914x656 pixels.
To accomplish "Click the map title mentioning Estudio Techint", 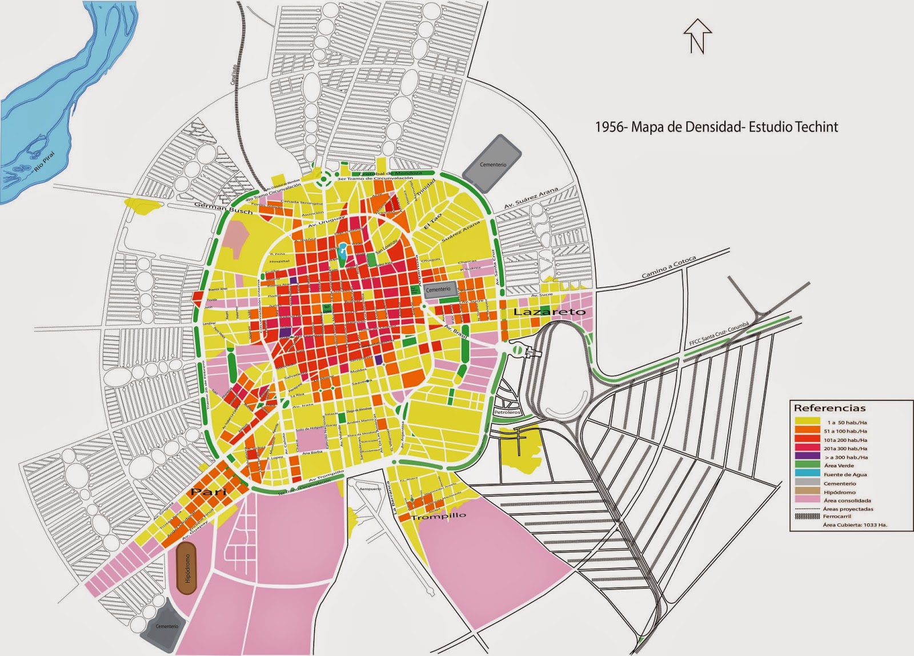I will pos(716,127).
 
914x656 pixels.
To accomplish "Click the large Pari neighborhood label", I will pos(209,491).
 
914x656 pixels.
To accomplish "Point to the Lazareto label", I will pos(550,312).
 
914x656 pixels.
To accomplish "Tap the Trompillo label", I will pos(439,516).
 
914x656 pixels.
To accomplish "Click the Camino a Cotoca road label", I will pos(668,267).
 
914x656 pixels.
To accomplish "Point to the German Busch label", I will pos(223,207).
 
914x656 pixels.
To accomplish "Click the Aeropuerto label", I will pos(370,489).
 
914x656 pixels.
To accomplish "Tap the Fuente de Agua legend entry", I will pos(845,474).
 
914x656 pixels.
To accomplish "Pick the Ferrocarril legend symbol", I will pos(807,517).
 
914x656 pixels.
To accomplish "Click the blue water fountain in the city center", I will pos(342,252).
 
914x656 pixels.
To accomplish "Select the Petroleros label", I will pos(507,411).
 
